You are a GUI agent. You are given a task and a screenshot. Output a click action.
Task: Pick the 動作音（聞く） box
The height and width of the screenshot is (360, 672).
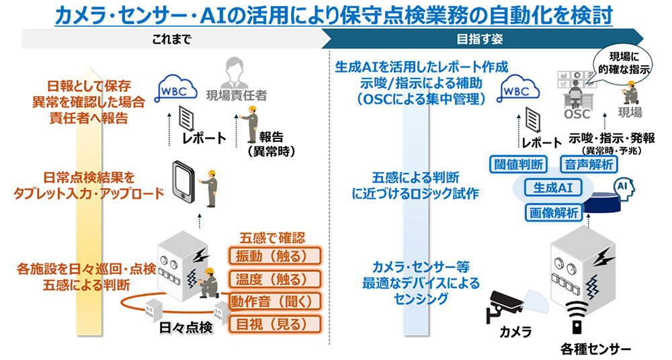(274, 301)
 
